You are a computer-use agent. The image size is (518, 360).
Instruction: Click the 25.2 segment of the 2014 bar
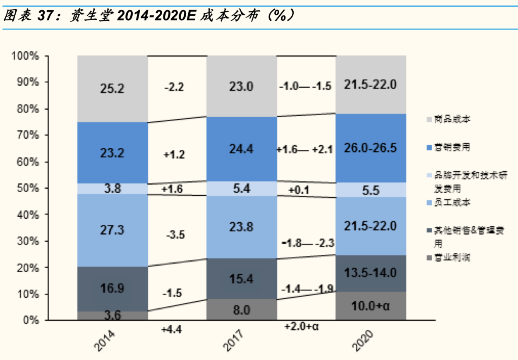click(112, 88)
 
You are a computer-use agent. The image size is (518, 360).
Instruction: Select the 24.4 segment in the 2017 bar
click(242, 148)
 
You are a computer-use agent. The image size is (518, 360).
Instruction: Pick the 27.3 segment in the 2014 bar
click(112, 230)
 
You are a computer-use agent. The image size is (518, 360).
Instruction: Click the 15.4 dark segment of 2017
click(242, 278)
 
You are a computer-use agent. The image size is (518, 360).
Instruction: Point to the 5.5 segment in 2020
click(371, 190)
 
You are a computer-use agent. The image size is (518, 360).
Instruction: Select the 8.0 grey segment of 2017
click(242, 310)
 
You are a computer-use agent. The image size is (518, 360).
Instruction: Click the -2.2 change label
click(174, 87)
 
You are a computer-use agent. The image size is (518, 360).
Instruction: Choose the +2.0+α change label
click(302, 326)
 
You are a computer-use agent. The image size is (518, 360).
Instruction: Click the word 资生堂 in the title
click(85, 16)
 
